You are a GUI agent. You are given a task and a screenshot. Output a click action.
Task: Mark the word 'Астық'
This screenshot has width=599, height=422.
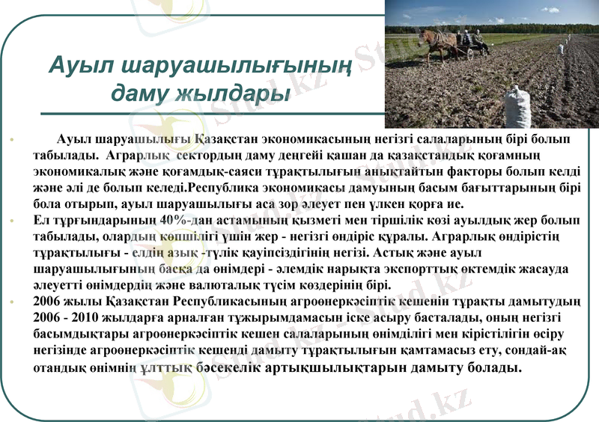click(394, 253)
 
